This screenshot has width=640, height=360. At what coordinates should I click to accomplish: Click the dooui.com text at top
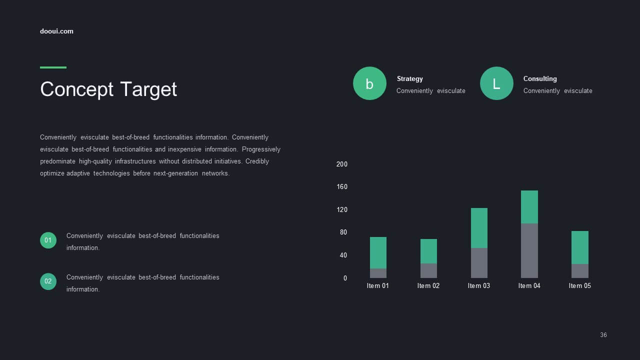(56, 31)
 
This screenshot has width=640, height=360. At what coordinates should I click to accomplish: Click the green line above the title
(53, 67)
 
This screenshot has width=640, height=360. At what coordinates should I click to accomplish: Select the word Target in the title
(148, 89)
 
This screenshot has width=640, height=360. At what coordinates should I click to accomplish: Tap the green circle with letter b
(369, 83)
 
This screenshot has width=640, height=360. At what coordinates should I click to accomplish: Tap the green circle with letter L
(496, 83)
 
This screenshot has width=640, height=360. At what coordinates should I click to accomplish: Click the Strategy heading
(409, 79)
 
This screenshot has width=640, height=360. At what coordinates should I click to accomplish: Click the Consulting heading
(540, 79)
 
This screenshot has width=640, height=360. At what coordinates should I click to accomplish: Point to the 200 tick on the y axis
(341, 164)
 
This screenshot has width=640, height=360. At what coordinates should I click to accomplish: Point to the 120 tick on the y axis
(341, 209)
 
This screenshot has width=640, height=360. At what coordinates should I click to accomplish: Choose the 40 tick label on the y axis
(343, 255)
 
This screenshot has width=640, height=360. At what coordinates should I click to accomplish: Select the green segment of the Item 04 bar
(529, 207)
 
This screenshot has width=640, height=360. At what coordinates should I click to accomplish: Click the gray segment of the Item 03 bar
(479, 263)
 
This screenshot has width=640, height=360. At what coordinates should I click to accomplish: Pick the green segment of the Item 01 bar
(378, 253)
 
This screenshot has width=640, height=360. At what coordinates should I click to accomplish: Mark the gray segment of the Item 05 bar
(579, 271)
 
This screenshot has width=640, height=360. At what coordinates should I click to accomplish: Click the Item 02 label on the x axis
(428, 285)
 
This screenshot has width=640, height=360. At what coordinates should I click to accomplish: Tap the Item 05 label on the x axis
(579, 285)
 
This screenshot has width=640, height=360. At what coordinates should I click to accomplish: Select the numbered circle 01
(48, 240)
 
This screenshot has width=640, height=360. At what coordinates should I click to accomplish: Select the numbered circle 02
(48, 281)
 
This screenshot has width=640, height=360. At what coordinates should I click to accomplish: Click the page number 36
(603, 335)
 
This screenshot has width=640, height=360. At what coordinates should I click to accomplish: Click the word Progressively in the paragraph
(261, 149)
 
